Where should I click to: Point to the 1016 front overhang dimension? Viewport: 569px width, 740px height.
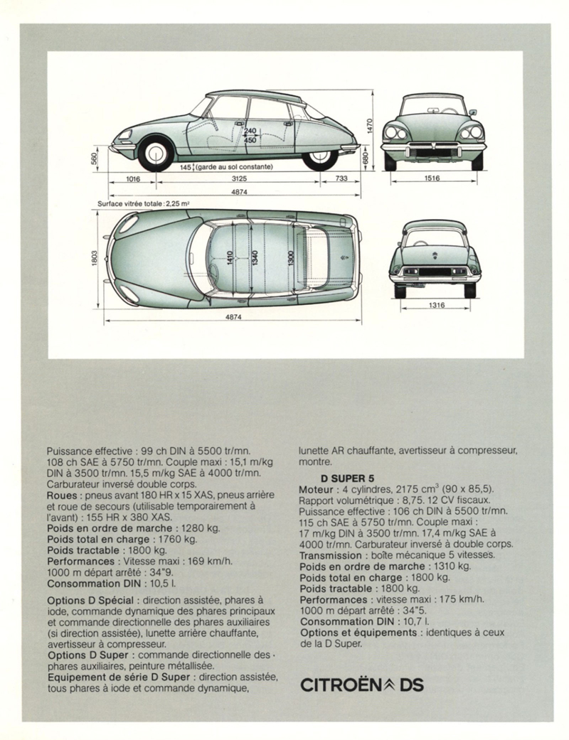coord(132,178)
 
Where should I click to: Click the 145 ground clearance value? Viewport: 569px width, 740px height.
coord(187,167)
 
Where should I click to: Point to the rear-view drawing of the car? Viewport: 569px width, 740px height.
coord(434,257)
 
